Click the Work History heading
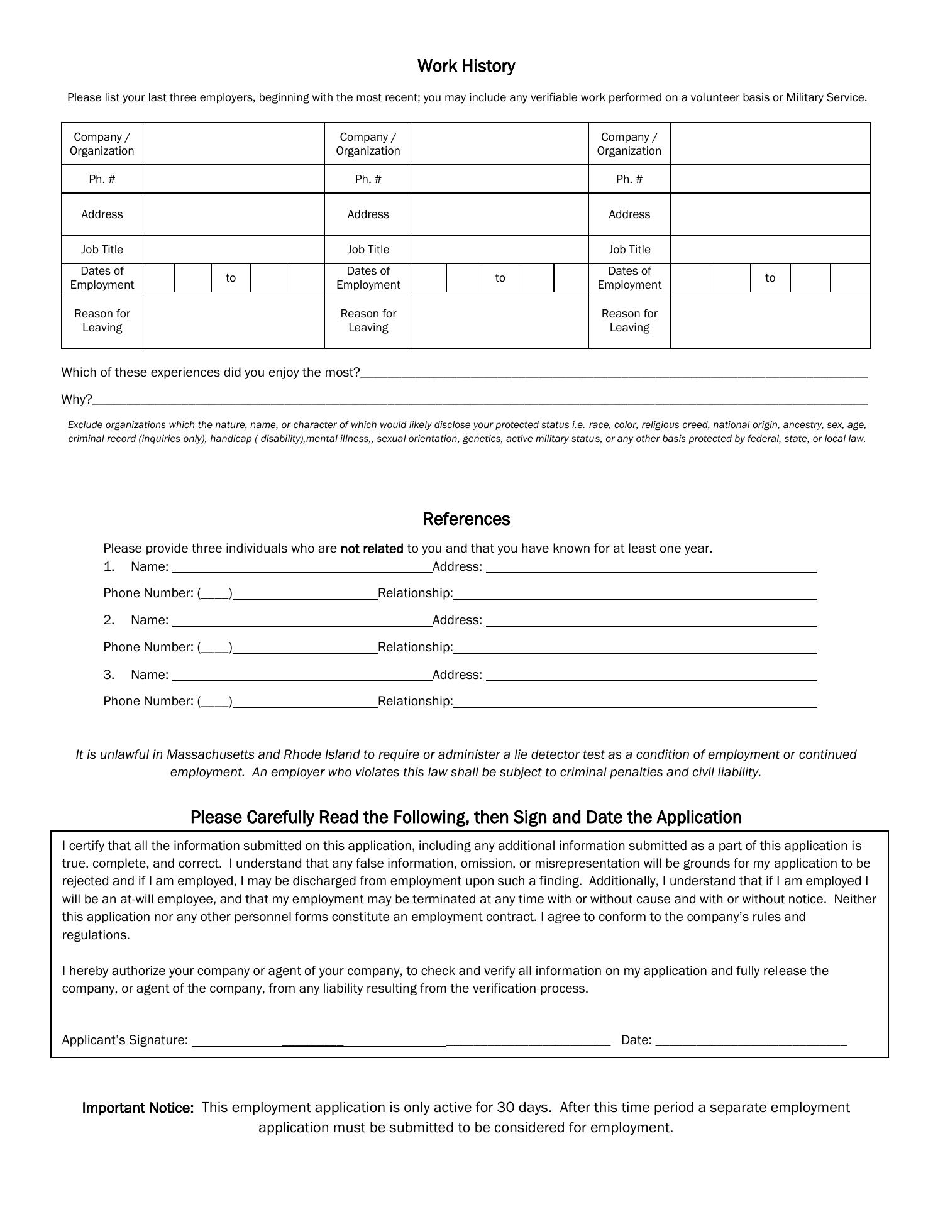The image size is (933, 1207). click(x=466, y=66)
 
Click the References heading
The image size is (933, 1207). click(x=466, y=519)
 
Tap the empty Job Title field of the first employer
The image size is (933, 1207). click(x=233, y=250)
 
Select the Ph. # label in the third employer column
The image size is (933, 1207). click(x=629, y=179)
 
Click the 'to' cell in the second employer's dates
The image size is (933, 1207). click(x=500, y=278)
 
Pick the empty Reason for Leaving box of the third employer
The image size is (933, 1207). click(x=770, y=320)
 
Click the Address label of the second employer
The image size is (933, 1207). click(x=368, y=214)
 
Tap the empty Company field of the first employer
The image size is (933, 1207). click(x=233, y=144)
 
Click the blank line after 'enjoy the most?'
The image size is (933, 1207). click(x=614, y=373)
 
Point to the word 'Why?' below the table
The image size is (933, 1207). click(x=76, y=400)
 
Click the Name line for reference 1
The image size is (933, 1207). click(x=302, y=568)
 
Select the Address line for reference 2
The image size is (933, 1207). click(x=651, y=621)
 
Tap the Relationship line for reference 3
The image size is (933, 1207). click(x=635, y=702)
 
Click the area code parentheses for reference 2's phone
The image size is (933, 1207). click(x=215, y=648)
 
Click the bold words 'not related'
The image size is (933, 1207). click(x=372, y=549)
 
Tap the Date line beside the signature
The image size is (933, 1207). click(x=751, y=1040)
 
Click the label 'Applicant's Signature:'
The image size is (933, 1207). click(x=125, y=1040)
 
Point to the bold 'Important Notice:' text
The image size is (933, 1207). click(x=138, y=1108)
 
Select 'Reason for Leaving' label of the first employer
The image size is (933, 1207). click(x=102, y=321)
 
